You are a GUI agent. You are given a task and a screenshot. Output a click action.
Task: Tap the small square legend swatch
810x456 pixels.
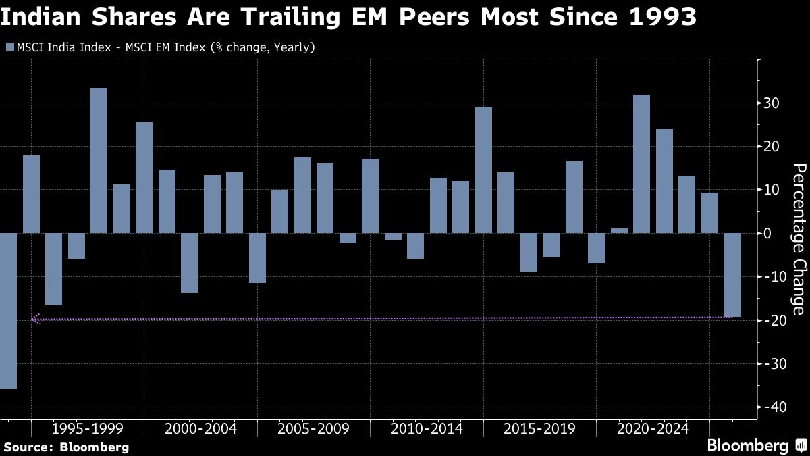pos(9,47)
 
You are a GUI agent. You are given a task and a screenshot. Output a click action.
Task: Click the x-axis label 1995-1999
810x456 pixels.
pos(86,429)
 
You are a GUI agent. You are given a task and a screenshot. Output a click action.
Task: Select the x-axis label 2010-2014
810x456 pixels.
pos(426,429)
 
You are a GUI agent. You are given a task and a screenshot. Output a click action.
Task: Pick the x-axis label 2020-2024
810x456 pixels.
pos(653,429)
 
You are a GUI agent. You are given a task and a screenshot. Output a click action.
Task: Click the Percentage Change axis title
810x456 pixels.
pos(799,238)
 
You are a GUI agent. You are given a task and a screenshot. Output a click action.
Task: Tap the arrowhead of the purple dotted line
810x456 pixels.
pos(36,320)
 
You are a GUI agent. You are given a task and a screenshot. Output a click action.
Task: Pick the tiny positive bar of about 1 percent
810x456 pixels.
pos(619,230)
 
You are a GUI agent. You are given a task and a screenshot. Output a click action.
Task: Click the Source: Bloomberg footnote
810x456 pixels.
pos(65,447)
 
